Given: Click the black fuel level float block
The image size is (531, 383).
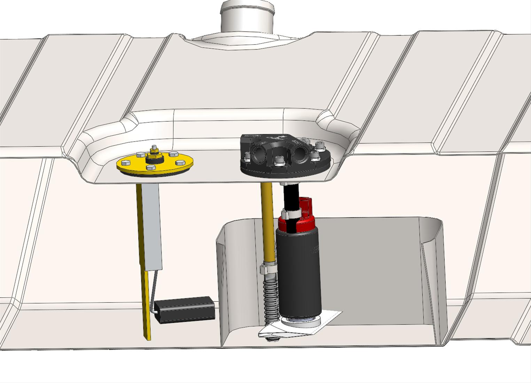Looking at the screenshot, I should [185, 310].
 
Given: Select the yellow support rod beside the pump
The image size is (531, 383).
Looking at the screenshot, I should [267, 223].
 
